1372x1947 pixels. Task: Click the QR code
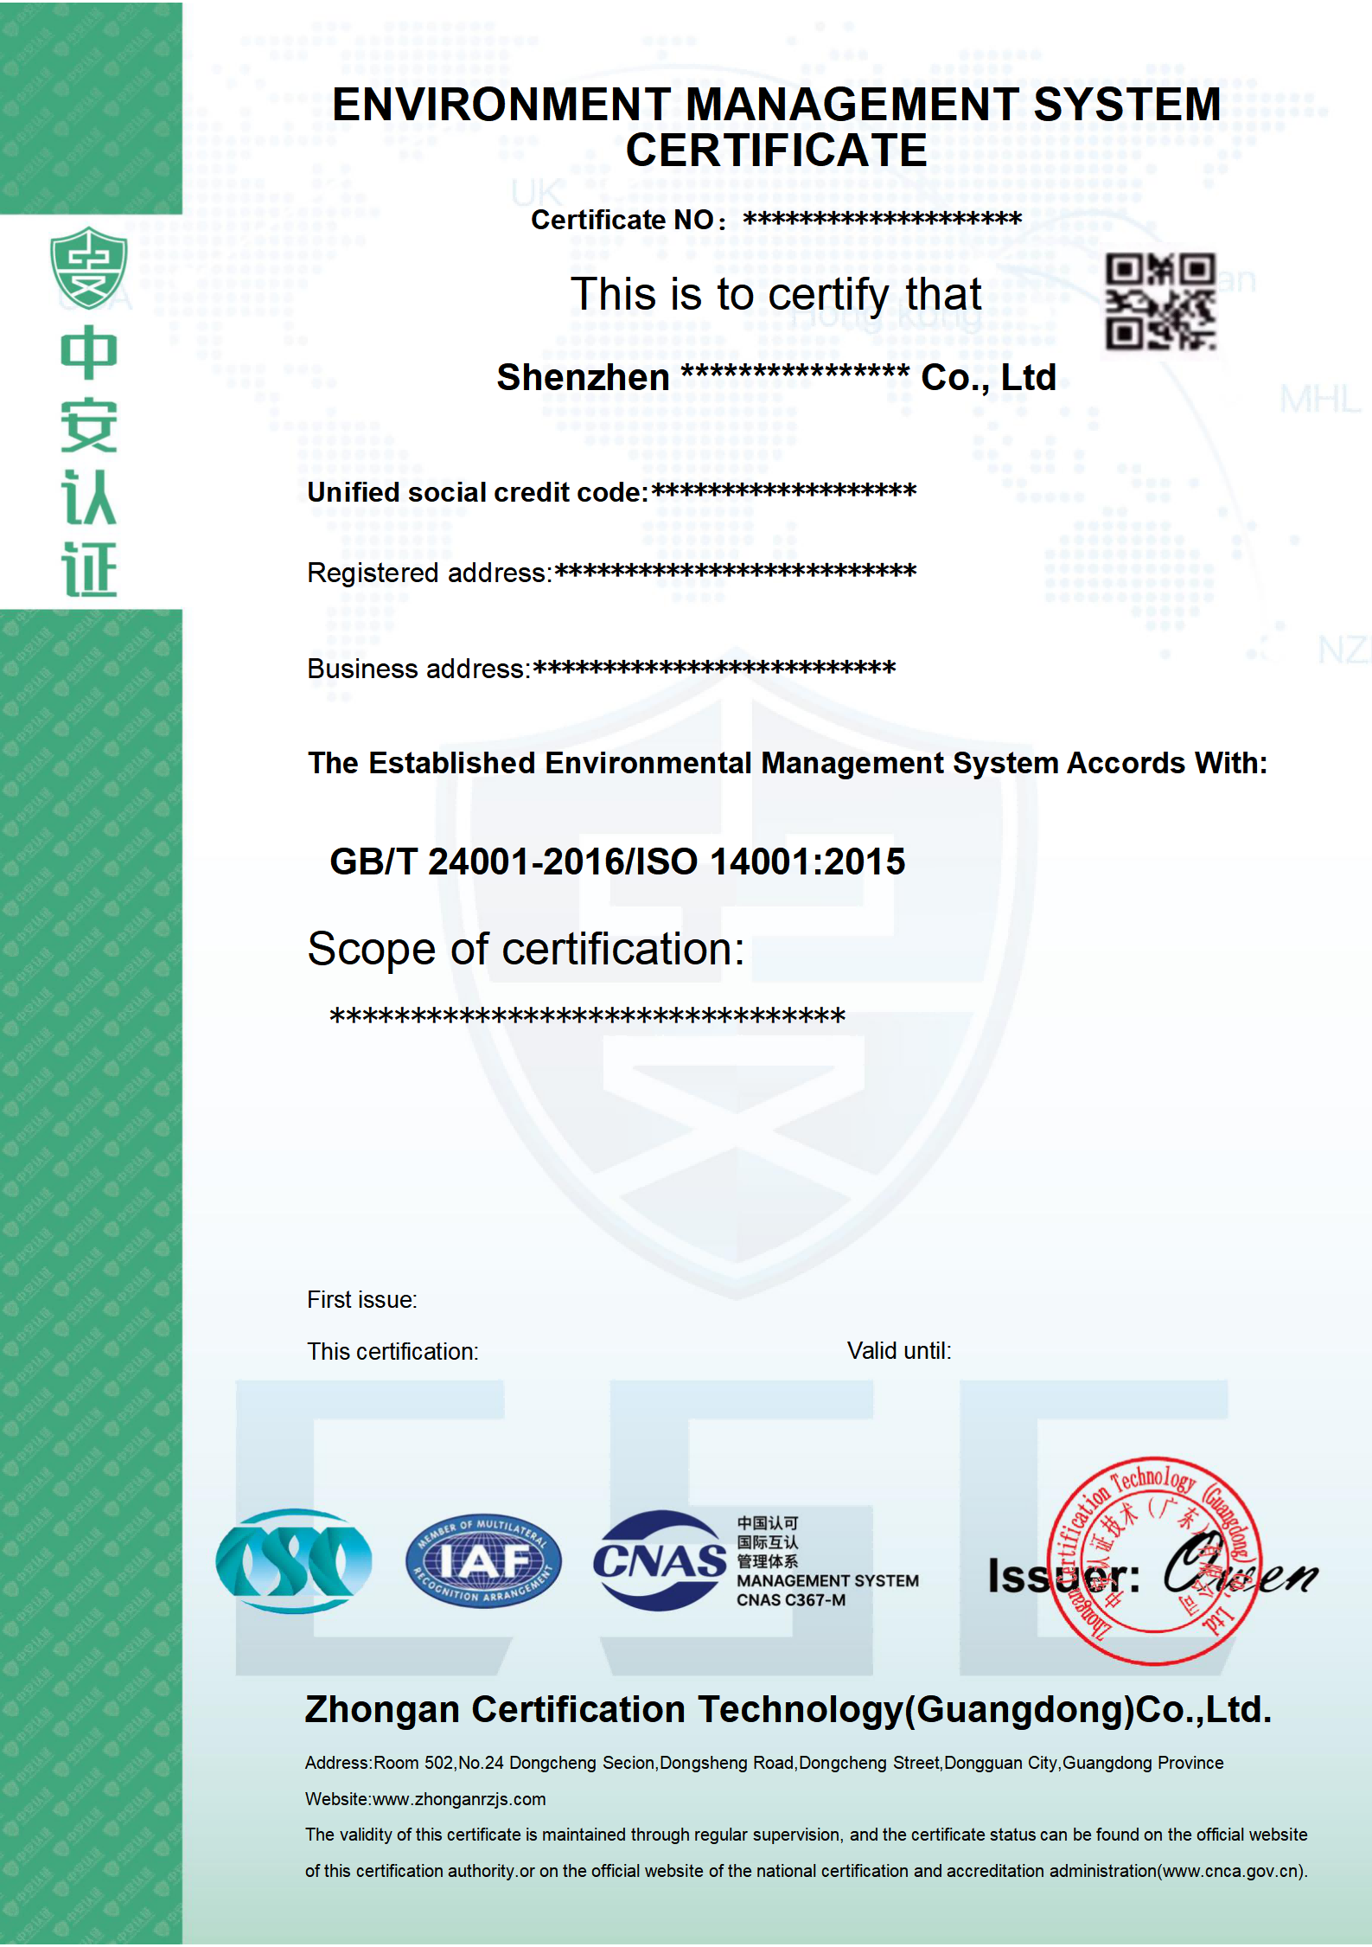pyautogui.click(x=1160, y=301)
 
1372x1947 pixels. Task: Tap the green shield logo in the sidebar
pyautogui.click(x=88, y=267)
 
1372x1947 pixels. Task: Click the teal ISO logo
pyautogui.click(x=294, y=1561)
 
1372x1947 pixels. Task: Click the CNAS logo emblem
pyautogui.click(x=660, y=1560)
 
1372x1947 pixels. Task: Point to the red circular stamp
pyautogui.click(x=1154, y=1560)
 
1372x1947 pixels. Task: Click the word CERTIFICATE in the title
pyautogui.click(x=775, y=151)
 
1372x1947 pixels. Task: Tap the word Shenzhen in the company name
pyautogui.click(x=583, y=378)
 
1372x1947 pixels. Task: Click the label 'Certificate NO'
pyautogui.click(x=622, y=220)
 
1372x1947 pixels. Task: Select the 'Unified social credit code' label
pyautogui.click(x=475, y=492)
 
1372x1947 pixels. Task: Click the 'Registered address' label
pyautogui.click(x=427, y=573)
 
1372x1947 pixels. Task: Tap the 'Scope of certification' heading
pyautogui.click(x=525, y=949)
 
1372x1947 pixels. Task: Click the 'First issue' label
pyautogui.click(x=361, y=1299)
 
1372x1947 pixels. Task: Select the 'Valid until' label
pyautogui.click(x=898, y=1350)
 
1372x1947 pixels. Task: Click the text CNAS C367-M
pyautogui.click(x=790, y=1600)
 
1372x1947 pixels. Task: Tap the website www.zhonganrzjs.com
pyautogui.click(x=458, y=1799)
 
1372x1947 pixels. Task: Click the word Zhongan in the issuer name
pyautogui.click(x=381, y=1709)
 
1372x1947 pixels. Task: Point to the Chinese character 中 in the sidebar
pyautogui.click(x=88, y=354)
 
